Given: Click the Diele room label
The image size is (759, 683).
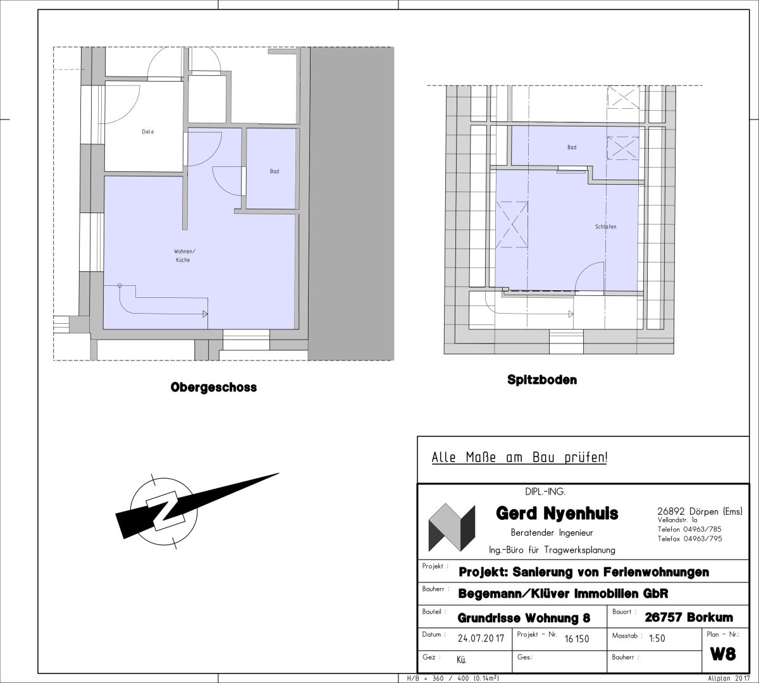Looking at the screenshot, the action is (x=147, y=132).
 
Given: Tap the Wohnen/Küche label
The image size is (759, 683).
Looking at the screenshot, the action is (x=184, y=255).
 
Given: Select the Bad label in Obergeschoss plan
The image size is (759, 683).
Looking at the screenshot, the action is (x=275, y=171).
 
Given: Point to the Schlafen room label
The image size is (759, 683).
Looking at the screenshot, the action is (x=605, y=226).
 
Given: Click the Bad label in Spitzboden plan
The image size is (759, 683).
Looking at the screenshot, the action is (x=572, y=147).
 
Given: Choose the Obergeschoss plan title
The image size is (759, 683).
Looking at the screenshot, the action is (x=213, y=387).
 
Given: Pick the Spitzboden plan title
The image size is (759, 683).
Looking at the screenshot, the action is (x=542, y=379).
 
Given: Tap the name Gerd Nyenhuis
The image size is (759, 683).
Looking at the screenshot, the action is (x=557, y=514).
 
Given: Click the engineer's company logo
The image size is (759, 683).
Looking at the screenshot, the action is (x=452, y=527).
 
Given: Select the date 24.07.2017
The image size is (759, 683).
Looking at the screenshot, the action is (x=481, y=638).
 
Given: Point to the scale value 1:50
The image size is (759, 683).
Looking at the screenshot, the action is (x=657, y=638).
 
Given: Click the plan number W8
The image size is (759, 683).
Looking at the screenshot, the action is (x=723, y=653).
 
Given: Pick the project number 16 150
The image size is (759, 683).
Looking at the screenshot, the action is (x=577, y=639).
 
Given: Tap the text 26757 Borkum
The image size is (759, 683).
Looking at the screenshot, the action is (x=689, y=617).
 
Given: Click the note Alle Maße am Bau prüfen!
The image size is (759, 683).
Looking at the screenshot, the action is (x=519, y=457).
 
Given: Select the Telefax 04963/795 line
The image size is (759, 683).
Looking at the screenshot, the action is (x=689, y=538).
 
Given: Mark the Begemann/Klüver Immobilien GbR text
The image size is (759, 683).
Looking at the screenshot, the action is (x=563, y=594).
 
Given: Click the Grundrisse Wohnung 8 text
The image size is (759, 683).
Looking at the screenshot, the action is (x=524, y=618).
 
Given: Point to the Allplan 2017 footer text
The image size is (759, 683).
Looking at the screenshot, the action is (x=729, y=679).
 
